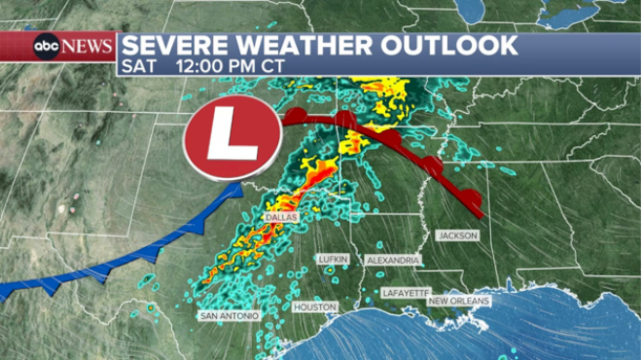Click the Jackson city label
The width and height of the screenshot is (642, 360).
click(457, 235)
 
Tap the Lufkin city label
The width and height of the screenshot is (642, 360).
click(332, 260)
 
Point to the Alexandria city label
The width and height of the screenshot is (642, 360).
click(393, 261)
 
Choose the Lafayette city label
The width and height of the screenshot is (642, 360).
click(405, 292)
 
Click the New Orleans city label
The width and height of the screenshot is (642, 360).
click(459, 302)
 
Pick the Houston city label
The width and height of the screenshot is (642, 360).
click(315, 306)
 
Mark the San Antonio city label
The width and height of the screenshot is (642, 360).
click(230, 316)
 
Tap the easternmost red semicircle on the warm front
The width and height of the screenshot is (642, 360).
click(471, 202)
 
